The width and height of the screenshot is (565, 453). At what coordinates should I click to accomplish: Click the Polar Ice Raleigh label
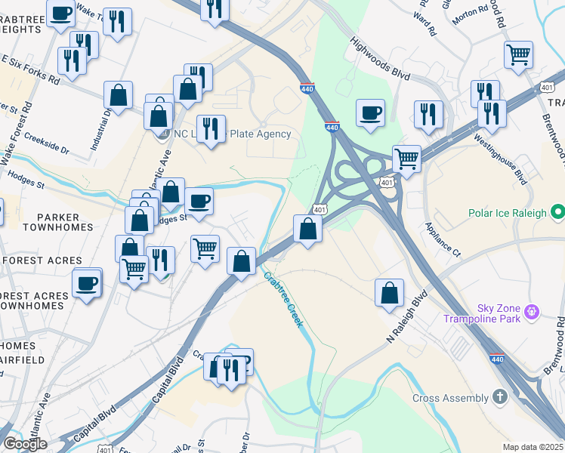[507, 213]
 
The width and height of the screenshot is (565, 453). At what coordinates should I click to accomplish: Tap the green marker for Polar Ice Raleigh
[557, 212]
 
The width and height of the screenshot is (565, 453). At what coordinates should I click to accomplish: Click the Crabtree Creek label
[283, 300]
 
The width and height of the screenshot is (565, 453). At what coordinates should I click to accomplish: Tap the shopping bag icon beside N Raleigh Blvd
[389, 294]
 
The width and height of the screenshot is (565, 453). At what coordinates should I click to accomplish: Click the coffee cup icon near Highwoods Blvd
[370, 113]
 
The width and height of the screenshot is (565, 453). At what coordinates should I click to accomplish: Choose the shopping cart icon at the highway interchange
[406, 159]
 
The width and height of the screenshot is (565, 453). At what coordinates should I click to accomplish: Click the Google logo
[25, 443]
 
